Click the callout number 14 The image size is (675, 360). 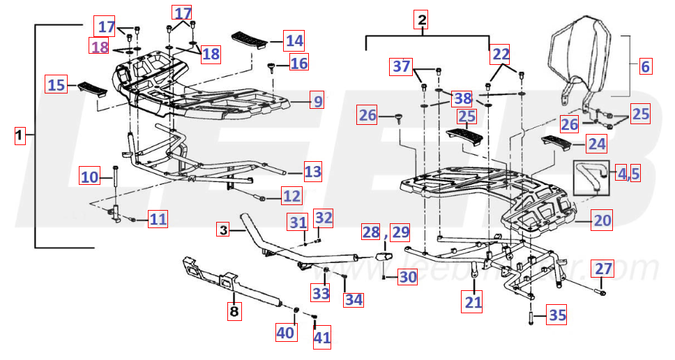(x=293, y=40)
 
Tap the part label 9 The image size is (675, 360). (x=317, y=101)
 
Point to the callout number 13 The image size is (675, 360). (x=313, y=170)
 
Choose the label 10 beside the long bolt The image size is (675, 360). (x=90, y=177)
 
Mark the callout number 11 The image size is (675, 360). (x=158, y=220)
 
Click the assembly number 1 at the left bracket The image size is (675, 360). (x=20, y=133)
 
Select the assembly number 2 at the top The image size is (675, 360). (x=421, y=20)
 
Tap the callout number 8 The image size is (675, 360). (x=234, y=310)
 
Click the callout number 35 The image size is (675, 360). (x=556, y=315)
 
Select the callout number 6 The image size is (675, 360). (x=645, y=67)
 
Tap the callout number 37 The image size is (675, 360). (x=401, y=66)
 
